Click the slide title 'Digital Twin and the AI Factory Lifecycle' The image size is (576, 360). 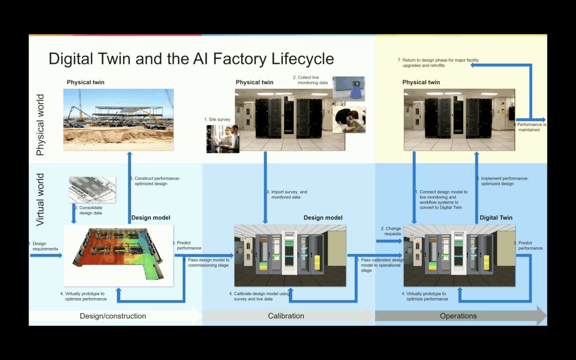pos(191,59)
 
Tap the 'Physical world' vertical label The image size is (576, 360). pos(40,125)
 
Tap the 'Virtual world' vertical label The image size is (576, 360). pos(40,199)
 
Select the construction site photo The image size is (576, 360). pos(118,120)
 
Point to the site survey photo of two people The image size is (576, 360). pos(222,139)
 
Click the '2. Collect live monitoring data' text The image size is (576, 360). pos(311,80)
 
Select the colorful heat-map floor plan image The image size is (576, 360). pos(118,255)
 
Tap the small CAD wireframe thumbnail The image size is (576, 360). pos(92,189)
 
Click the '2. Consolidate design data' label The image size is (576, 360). pos(90,210)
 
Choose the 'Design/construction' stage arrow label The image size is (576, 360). pos(112,316)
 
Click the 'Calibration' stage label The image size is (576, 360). pos(286,316)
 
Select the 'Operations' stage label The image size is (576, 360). pos(458,316)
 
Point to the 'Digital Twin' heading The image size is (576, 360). pos(496,218)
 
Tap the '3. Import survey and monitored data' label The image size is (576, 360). pos(288,195)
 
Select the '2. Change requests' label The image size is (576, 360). pos(391,231)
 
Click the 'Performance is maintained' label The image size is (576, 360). pos(530,127)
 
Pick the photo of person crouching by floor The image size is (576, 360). pos(349,120)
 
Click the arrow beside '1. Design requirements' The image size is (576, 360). pos(46,255)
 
